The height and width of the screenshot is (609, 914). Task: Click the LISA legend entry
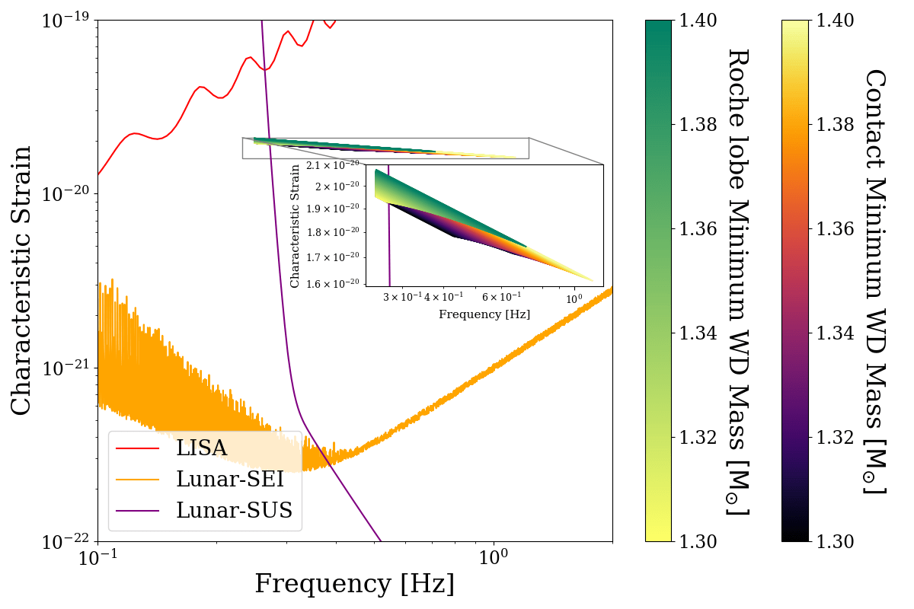pyautogui.click(x=201, y=448)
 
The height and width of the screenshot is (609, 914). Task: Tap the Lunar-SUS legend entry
pyautogui.click(x=234, y=510)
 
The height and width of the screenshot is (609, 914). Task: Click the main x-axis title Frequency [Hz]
pyautogui.click(x=354, y=584)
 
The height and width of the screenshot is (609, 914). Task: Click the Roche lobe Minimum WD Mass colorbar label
pyautogui.click(x=737, y=280)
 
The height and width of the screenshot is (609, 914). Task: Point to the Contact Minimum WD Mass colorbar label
pyautogui.click(x=875, y=280)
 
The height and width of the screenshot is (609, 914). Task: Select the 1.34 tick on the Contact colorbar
pyautogui.click(x=835, y=333)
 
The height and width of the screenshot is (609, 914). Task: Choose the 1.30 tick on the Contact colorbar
pyautogui.click(x=835, y=541)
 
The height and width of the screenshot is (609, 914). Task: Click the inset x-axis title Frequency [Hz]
pyautogui.click(x=484, y=314)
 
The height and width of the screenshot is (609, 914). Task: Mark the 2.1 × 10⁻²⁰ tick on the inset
pyautogui.click(x=332, y=165)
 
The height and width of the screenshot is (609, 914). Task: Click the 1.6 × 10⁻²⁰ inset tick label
pyautogui.click(x=332, y=284)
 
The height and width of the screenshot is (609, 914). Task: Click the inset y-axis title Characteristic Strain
pyautogui.click(x=296, y=225)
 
